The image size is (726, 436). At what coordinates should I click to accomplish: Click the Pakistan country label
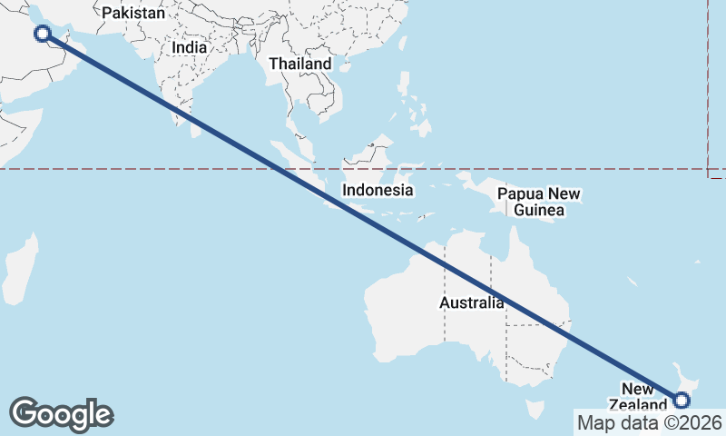(x=133, y=14)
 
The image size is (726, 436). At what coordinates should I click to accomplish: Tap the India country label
(x=190, y=46)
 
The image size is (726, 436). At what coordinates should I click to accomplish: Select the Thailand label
(x=300, y=64)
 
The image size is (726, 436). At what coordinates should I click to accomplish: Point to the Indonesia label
(x=378, y=191)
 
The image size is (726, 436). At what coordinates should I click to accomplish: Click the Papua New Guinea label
(x=539, y=202)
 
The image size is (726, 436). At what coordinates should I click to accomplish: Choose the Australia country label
(x=472, y=303)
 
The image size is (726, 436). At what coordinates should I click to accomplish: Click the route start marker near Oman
(x=42, y=34)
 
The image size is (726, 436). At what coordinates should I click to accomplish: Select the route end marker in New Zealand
(x=682, y=400)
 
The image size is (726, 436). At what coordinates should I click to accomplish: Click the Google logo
(x=61, y=414)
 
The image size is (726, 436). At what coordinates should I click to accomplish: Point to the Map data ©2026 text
(x=650, y=422)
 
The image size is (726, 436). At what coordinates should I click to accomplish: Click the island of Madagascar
(x=20, y=269)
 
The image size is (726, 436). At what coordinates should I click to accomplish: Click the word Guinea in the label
(x=539, y=211)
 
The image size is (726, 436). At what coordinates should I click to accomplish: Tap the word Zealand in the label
(x=637, y=405)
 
